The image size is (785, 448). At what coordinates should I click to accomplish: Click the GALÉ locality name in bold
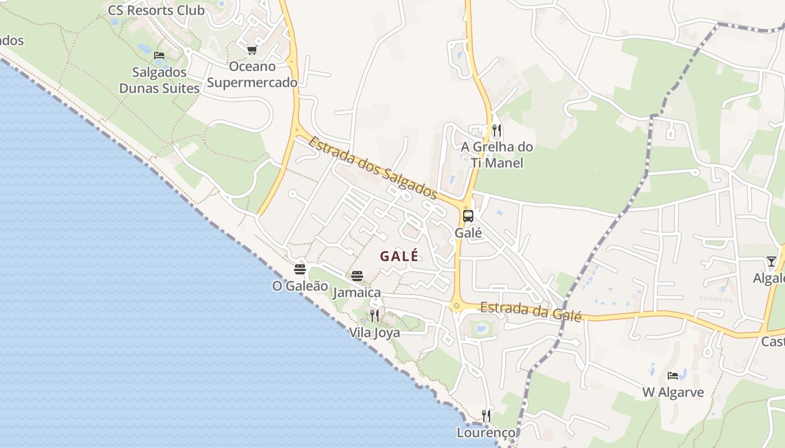[x=399, y=256]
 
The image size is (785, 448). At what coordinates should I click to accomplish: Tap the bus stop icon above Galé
[x=468, y=216]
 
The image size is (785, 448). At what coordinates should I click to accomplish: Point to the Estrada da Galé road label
[x=530, y=311]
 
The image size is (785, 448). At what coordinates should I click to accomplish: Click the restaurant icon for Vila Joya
[x=375, y=316]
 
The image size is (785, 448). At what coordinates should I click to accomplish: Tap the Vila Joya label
[x=375, y=333]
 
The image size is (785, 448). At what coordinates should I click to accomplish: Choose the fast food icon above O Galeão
[x=300, y=269]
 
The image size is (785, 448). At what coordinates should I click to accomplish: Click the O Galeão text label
[x=300, y=286]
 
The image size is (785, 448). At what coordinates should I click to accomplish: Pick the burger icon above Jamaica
[x=357, y=276]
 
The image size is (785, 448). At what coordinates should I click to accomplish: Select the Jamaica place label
[x=357, y=292]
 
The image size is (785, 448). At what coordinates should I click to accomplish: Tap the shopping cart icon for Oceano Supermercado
[x=252, y=50]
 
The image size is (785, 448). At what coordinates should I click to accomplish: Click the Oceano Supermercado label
[x=252, y=74]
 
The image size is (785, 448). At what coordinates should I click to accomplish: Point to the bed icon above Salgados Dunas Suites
[x=159, y=55]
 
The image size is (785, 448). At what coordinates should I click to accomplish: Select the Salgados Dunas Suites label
[x=159, y=80]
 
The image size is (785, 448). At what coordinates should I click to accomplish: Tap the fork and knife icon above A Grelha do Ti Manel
[x=497, y=130]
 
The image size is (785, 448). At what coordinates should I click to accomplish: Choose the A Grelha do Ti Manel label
[x=497, y=155]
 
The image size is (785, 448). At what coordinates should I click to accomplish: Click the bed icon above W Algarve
[x=673, y=375]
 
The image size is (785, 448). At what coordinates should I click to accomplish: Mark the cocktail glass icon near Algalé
[x=772, y=262]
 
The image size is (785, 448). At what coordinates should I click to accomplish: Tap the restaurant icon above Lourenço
[x=486, y=416]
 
